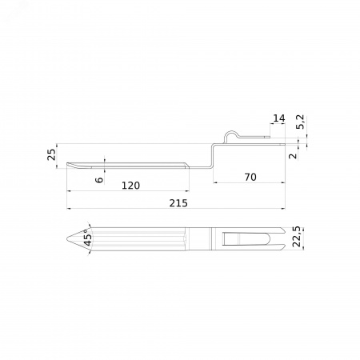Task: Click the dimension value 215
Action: coord(178,203)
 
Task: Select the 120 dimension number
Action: coord(130,186)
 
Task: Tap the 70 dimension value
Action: coord(250,177)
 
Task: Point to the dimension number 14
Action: coord(279,118)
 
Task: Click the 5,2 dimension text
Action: coord(300,122)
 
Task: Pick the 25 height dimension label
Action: coord(51,154)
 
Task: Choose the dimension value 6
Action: coord(99,180)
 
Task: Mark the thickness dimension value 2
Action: coord(293,156)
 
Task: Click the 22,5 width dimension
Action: coord(297,237)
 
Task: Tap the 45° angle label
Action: coord(88,238)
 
